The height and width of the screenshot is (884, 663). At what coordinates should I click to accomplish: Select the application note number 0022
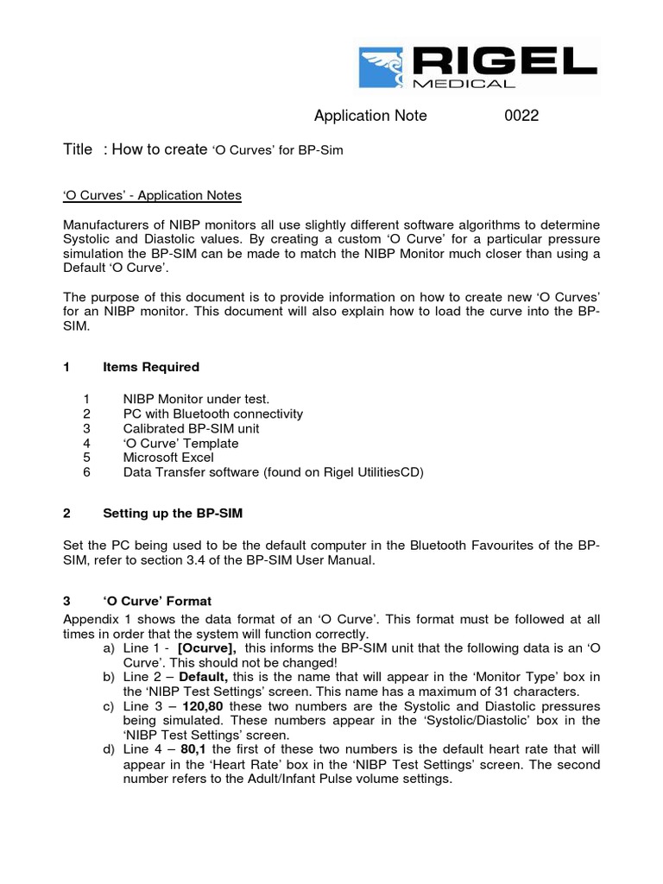pos(521,116)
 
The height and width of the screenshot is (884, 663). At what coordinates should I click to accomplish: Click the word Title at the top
pos(79,149)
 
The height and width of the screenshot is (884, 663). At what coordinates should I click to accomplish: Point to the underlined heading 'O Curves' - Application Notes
pos(153,196)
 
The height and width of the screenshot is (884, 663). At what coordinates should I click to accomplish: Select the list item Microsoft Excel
pos(168,458)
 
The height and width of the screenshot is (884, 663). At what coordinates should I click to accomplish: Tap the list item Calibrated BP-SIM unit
pos(191,428)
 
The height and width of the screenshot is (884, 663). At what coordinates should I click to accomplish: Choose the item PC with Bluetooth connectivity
pos(213,414)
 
